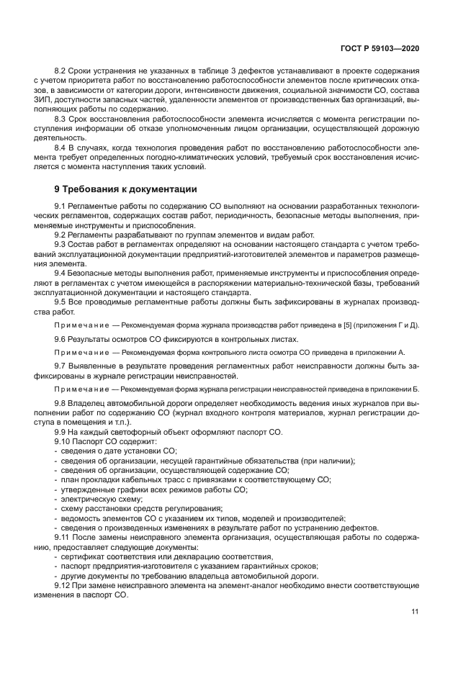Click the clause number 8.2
click(64, 70)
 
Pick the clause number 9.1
click(64, 207)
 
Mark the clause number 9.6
click(64, 338)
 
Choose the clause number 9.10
click(66, 440)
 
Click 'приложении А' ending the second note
click(382, 352)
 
